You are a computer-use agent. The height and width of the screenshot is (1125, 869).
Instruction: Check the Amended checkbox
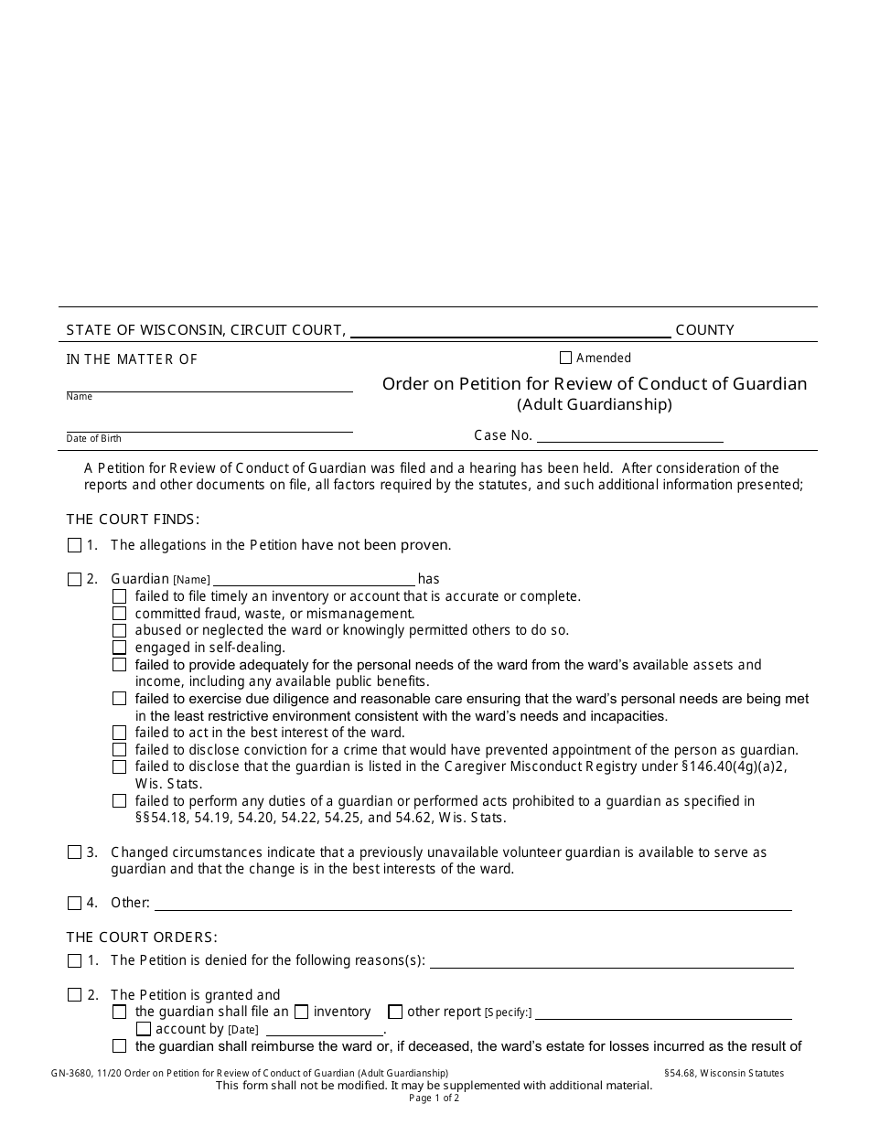(565, 358)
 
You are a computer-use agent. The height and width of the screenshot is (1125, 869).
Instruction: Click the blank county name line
(510, 331)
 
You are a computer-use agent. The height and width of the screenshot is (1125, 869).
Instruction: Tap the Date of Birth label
(93, 439)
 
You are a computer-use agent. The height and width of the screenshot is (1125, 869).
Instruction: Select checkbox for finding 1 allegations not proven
(74, 545)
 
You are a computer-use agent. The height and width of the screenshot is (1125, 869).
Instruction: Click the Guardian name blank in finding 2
(313, 579)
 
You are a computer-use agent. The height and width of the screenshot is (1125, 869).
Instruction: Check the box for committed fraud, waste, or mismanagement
(119, 614)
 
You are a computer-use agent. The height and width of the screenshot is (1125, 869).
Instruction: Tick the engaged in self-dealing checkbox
(119, 648)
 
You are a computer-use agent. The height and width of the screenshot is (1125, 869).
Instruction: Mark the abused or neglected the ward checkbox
(119, 630)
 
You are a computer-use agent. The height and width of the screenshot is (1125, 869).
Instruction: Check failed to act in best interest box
(119, 733)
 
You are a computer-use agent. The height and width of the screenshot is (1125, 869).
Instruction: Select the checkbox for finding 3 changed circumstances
(74, 852)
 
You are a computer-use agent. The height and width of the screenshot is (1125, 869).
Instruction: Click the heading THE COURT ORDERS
(142, 937)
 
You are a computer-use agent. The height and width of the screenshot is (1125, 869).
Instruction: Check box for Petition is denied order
(74, 960)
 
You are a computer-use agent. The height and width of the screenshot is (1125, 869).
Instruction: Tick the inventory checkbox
(301, 1012)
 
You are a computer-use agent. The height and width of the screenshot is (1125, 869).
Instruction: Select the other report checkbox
(395, 1012)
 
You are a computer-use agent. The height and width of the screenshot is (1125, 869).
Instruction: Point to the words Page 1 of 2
(434, 1098)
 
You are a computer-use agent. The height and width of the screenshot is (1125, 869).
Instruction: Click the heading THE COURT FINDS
(133, 520)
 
